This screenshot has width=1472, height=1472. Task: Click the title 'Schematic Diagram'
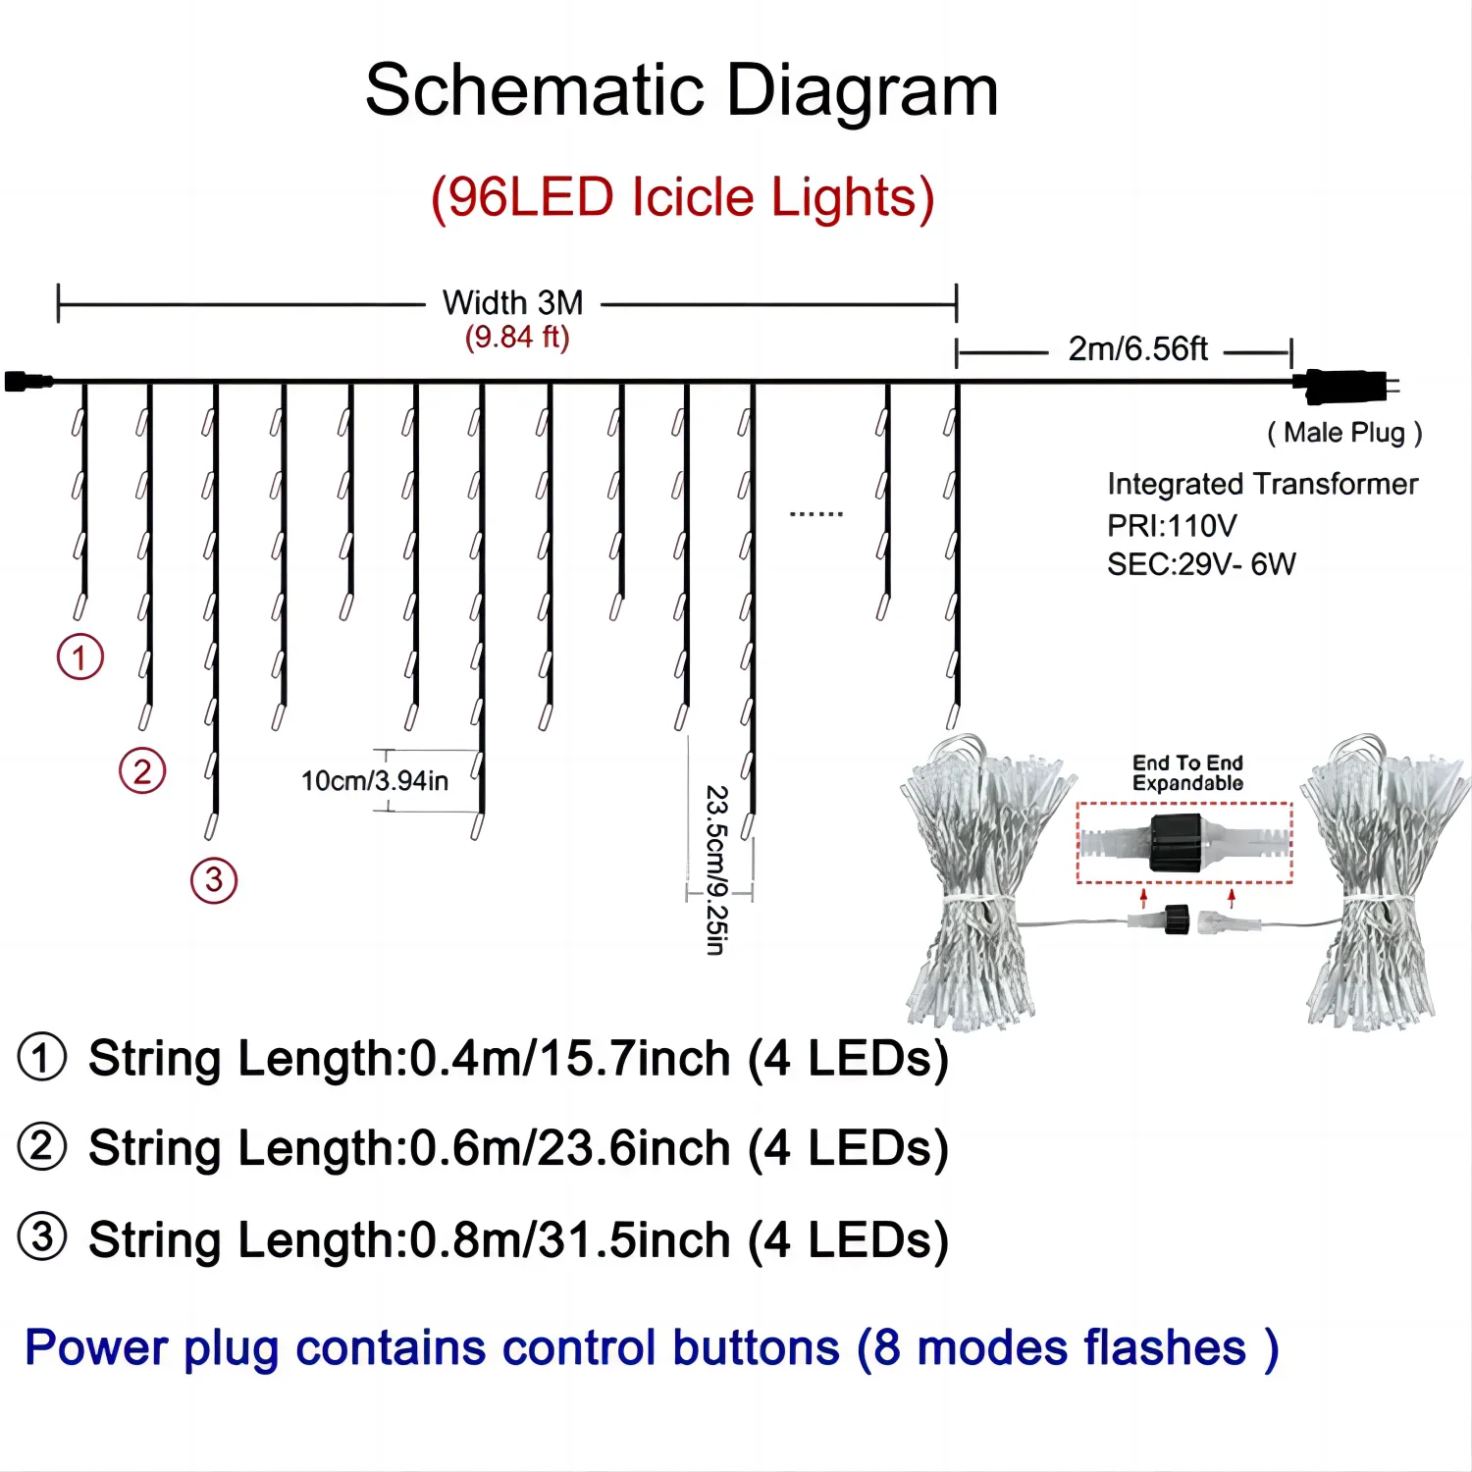point(681,90)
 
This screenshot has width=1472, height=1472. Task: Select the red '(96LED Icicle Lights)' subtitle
point(682,197)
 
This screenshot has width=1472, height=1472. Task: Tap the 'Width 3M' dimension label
point(512,302)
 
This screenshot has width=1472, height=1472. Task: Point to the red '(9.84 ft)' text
point(517,337)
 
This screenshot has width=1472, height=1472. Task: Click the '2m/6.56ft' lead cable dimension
point(1137,348)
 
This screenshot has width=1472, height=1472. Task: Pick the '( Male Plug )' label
point(1344,433)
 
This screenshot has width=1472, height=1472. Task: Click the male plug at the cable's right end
point(1344,385)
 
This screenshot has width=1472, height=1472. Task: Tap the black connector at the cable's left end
point(27,381)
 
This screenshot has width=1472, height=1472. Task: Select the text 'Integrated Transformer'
point(1262,484)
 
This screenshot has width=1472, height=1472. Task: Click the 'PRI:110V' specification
point(1172,525)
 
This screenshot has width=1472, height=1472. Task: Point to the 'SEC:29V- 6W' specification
point(1201,564)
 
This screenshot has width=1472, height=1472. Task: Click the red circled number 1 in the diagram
point(80,657)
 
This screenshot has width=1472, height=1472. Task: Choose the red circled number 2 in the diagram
point(142,771)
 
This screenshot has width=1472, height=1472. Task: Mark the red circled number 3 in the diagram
point(214,880)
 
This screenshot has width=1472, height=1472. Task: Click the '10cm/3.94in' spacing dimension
point(374,781)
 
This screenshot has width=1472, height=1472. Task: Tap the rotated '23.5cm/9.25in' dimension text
point(717,869)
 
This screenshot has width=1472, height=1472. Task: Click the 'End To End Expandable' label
point(1187,773)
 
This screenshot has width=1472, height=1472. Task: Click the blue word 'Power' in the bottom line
point(96,1347)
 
